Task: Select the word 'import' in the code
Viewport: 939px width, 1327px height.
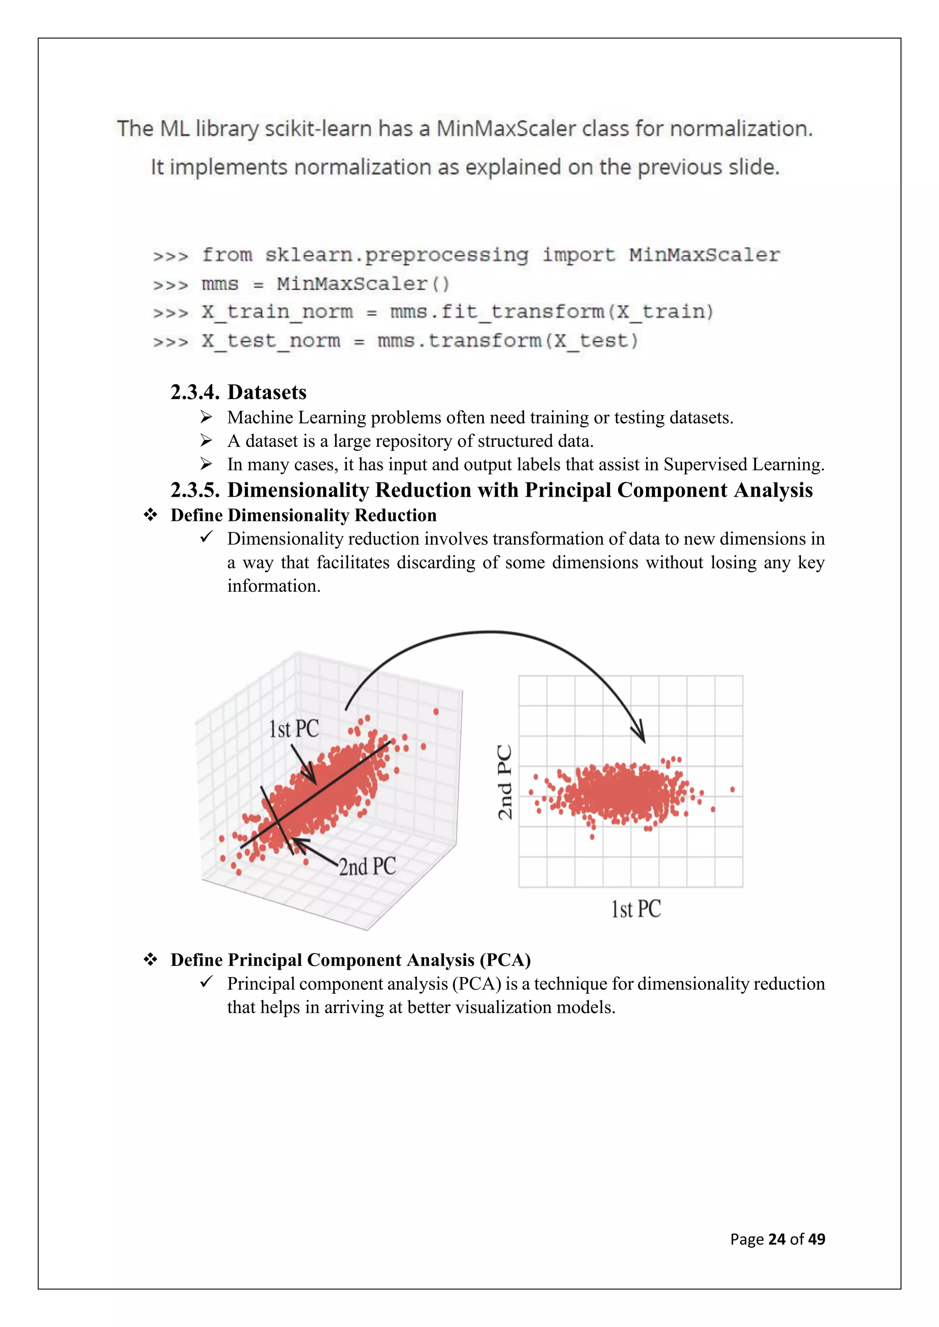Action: click(578, 255)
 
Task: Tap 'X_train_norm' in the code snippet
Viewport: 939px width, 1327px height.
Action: click(277, 312)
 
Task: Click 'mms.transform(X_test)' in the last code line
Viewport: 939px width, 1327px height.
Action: click(508, 341)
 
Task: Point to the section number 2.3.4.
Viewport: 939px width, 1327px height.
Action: click(195, 392)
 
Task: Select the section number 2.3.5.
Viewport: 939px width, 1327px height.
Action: click(195, 490)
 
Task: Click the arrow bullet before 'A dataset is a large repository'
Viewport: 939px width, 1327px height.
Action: click(206, 441)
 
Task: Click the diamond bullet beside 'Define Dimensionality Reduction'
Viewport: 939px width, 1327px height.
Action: click(151, 515)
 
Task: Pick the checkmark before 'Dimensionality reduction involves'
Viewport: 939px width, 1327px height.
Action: click(206, 537)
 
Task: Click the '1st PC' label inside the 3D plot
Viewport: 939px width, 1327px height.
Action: click(294, 729)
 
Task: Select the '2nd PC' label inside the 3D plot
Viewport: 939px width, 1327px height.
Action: click(367, 866)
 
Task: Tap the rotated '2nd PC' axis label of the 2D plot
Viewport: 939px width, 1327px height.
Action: click(505, 782)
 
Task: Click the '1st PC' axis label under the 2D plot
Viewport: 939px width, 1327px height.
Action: click(636, 909)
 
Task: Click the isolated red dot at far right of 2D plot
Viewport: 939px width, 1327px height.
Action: click(733, 790)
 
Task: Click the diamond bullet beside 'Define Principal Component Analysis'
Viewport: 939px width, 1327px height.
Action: click(151, 960)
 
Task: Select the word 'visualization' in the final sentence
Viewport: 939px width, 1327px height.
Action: click(503, 1007)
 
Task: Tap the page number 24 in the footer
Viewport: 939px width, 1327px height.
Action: click(777, 1239)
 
